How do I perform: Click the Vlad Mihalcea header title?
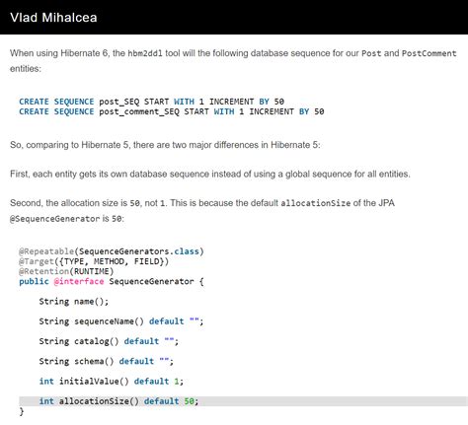pos(53,18)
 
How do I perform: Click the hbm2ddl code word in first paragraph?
pos(145,53)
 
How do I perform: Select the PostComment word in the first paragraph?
pos(429,53)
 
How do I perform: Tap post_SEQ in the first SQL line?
pos(119,102)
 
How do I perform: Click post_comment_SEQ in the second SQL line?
pos(139,111)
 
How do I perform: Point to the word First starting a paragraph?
pos(20,174)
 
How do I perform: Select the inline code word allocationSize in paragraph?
pos(315,203)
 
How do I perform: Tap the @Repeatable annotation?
pos(46,251)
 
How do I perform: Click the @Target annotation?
pos(37,261)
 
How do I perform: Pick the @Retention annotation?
pos(43,271)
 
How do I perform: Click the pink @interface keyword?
pos(79,282)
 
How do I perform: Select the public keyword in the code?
pos(34,282)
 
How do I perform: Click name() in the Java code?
pos(91,302)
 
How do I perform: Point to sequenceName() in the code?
pos(109,321)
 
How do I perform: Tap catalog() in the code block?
pos(97,341)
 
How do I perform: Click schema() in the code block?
pos(94,361)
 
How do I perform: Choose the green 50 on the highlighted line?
pos(189,401)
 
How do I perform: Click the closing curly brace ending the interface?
pos(22,411)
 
